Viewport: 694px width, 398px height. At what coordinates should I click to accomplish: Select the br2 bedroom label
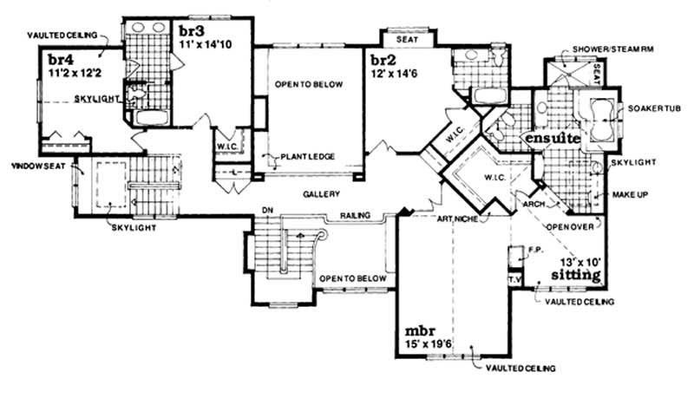[383, 61]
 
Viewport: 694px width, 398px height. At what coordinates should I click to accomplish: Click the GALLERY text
[321, 193]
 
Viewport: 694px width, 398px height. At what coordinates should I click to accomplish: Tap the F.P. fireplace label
[535, 249]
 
